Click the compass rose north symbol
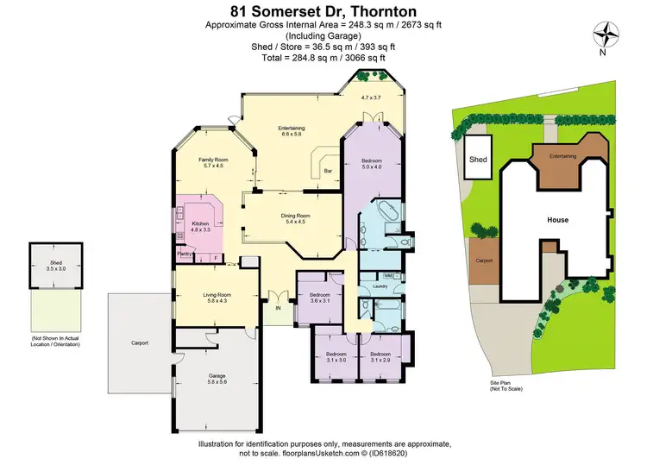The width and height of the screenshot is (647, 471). tap(610, 34)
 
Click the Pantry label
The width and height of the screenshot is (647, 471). tap(184, 254)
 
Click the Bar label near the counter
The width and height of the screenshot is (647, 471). tap(328, 172)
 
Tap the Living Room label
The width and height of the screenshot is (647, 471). tap(217, 295)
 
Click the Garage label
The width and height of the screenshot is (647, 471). tap(217, 375)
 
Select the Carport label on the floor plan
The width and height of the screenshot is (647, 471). tap(140, 343)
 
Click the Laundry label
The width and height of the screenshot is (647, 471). tap(380, 286)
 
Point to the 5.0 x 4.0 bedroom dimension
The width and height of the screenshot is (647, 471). tap(372, 166)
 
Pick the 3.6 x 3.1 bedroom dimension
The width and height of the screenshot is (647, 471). tap(320, 300)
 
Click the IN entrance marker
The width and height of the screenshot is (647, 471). tap(278, 308)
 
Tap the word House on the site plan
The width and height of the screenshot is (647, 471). tap(557, 220)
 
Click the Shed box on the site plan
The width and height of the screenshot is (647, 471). tap(478, 159)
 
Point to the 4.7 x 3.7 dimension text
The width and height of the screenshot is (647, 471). tap(372, 98)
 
